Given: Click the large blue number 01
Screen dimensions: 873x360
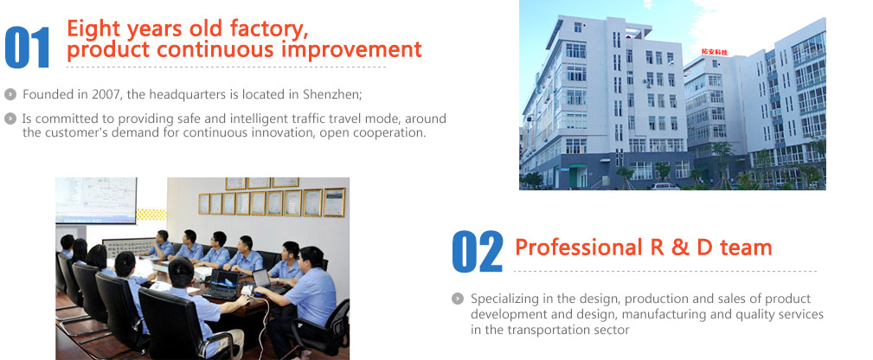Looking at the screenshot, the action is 28,48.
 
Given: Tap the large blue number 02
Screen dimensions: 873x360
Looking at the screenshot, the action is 477,252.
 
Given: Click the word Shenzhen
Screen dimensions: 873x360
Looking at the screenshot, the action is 332,94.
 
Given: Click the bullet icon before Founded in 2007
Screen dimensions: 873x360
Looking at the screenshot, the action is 10,94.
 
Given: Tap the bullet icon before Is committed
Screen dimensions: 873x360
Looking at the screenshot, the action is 10,119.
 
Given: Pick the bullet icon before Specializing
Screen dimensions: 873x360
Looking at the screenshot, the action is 458,299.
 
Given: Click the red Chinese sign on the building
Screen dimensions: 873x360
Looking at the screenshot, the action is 715,52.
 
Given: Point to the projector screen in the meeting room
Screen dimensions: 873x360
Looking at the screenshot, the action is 96,200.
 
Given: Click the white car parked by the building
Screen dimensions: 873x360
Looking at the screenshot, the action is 664,186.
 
